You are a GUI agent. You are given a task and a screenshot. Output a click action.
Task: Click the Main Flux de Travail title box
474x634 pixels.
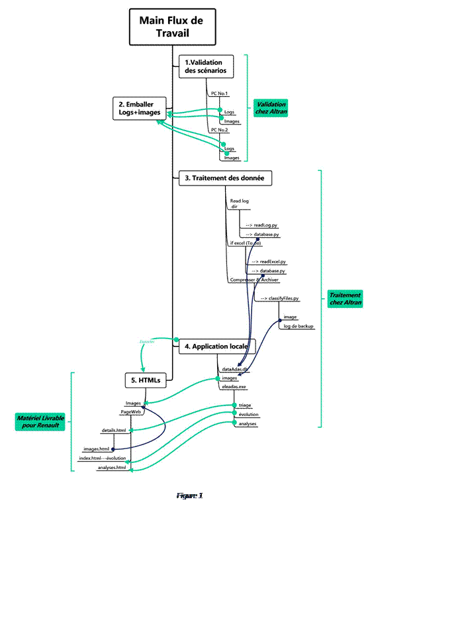click(171, 27)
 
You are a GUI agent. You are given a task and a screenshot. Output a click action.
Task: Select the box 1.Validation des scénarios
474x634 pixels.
click(205, 66)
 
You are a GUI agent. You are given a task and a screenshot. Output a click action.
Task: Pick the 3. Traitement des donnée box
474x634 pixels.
click(225, 178)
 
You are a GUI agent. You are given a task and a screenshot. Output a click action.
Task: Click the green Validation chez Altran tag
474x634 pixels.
click(271, 108)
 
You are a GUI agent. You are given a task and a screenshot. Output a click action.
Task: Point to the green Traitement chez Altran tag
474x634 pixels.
click(345, 299)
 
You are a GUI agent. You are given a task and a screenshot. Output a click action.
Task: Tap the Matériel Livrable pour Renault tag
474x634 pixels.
click(40, 421)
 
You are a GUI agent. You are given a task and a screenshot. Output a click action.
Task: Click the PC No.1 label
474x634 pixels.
click(219, 93)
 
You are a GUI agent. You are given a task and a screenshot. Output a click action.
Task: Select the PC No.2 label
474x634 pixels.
click(219, 130)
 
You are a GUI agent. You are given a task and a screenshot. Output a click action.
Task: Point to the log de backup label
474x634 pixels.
click(298, 327)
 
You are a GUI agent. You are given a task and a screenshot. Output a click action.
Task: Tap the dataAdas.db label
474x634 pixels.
click(234, 368)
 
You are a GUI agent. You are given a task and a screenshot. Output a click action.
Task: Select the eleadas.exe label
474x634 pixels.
click(234, 386)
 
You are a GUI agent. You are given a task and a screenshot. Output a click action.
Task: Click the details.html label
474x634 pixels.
click(113, 430)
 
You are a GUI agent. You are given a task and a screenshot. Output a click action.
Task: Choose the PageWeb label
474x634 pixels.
click(132, 411)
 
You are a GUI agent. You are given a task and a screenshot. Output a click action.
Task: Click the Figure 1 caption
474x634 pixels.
click(189, 496)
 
